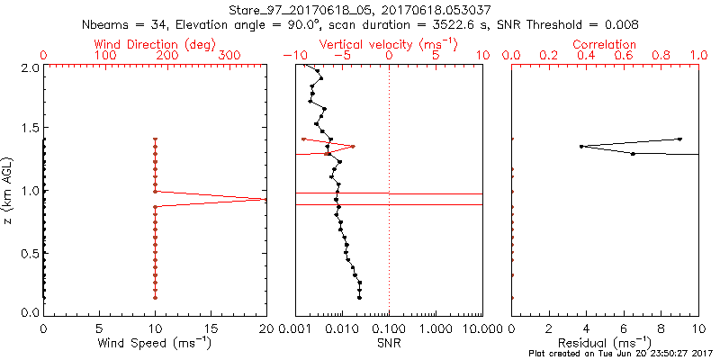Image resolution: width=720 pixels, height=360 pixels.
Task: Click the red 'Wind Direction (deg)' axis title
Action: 155,43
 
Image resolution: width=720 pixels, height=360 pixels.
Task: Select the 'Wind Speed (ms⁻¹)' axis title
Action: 155,343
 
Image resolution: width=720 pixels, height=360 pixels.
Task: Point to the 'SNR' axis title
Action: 389,343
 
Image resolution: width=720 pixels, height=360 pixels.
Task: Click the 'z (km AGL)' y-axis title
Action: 11,190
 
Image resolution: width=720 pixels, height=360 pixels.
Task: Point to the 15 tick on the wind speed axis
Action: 211,328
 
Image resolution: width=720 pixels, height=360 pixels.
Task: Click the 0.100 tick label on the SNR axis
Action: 389,328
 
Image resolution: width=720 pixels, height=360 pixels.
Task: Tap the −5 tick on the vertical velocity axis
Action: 342,56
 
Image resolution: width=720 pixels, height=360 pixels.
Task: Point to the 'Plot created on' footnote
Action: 621,354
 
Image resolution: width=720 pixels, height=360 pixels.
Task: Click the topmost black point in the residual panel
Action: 679,139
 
